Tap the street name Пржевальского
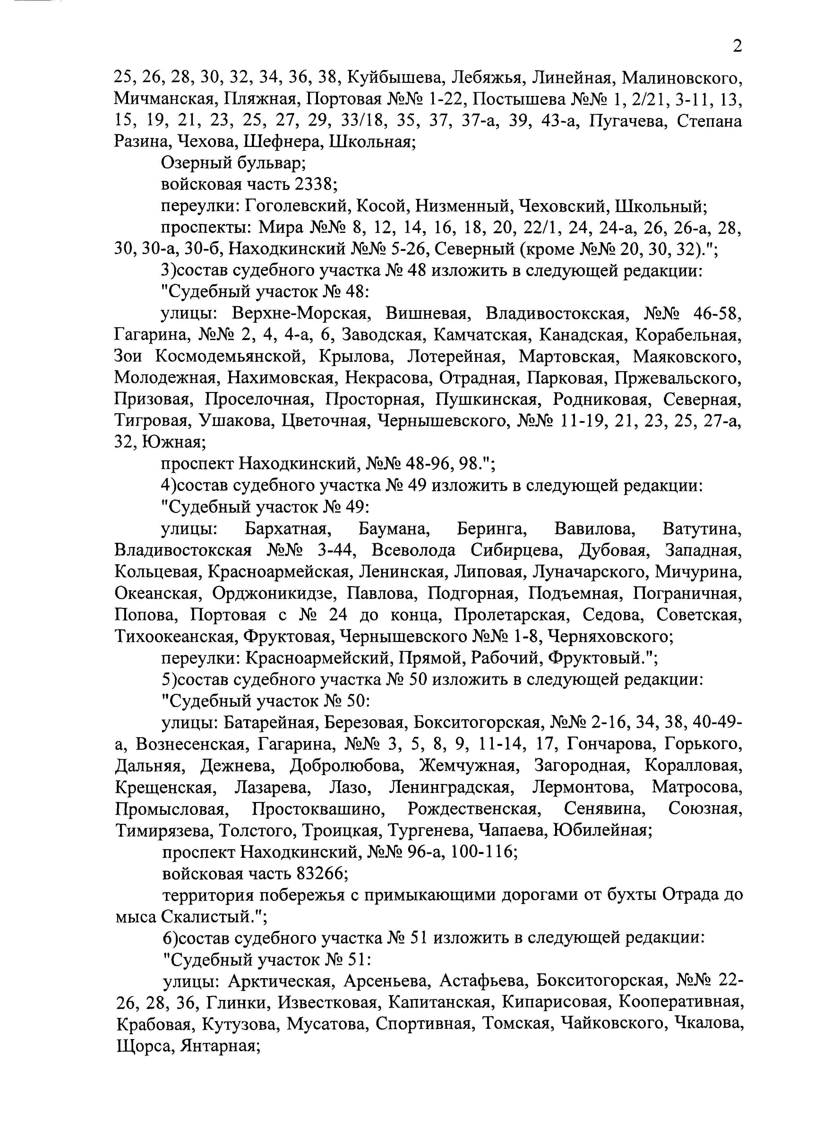(678, 378)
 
